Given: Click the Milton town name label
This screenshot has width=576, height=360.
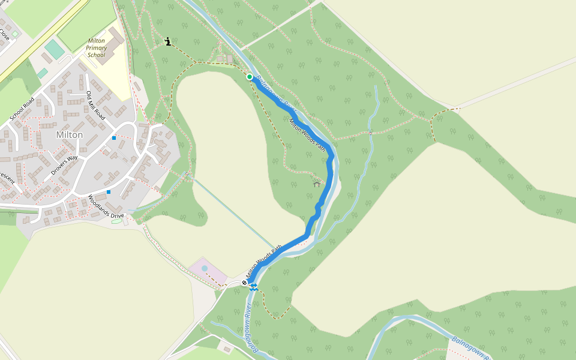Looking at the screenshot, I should (x=69, y=135).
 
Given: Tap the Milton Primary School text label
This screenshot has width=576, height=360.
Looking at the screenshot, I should (x=96, y=47).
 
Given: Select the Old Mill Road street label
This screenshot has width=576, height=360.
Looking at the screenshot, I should (x=96, y=106).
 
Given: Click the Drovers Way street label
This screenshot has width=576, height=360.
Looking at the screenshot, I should (x=65, y=165).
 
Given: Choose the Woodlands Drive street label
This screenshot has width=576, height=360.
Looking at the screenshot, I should (x=106, y=206).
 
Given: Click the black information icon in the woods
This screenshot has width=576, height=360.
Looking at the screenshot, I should (x=168, y=41).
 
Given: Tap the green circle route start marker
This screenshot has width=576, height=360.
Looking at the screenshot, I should (x=250, y=76).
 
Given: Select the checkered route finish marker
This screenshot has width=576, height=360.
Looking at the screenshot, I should (x=245, y=283).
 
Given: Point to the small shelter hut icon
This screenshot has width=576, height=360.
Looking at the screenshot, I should (x=317, y=184).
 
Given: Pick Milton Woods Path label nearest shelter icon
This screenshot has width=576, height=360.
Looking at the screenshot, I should (x=311, y=136).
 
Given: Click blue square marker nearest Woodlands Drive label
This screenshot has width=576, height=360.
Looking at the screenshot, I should (x=109, y=192).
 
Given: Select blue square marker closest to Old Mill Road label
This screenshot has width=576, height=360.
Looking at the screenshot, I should (x=114, y=137).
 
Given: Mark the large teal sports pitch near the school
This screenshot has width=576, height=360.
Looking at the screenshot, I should (x=54, y=49).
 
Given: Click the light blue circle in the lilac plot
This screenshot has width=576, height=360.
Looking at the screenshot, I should (x=205, y=268).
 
